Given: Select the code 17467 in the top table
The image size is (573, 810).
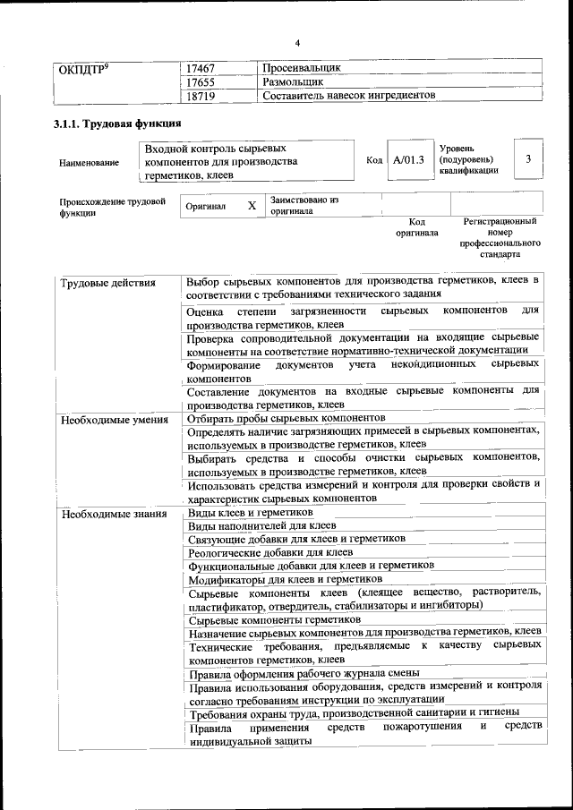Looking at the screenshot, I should [x=201, y=68].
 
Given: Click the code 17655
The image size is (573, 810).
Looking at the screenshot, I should [x=201, y=81].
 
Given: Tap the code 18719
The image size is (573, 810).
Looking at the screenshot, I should [x=201, y=95].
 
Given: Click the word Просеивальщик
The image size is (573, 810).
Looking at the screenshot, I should [x=302, y=68].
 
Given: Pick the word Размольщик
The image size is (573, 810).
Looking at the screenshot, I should [x=293, y=81].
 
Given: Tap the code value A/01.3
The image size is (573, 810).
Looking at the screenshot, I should [x=408, y=159].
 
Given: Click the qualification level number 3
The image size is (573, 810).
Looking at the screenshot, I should [x=529, y=158].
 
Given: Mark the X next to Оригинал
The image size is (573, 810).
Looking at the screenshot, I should [x=252, y=206].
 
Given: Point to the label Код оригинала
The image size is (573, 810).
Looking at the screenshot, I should [x=417, y=227].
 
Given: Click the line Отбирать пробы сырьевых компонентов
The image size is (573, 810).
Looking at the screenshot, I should [x=286, y=418].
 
